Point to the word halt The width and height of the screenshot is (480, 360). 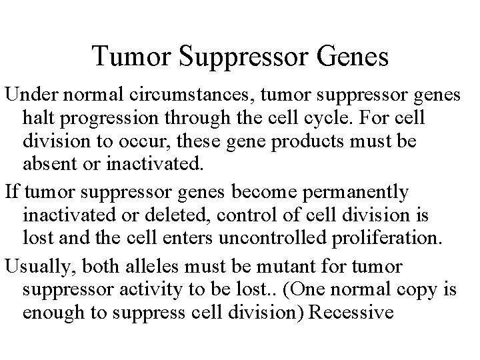[x=37, y=119]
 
